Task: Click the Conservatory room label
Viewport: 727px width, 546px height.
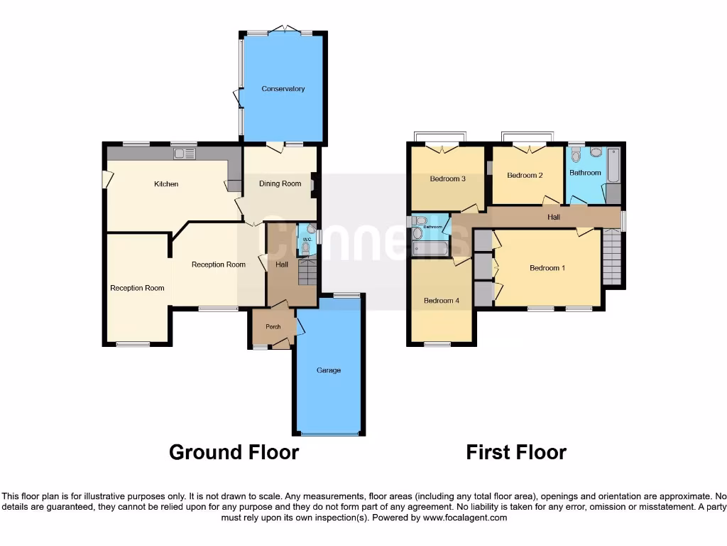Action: click(x=283, y=89)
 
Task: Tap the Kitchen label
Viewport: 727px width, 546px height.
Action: click(x=166, y=184)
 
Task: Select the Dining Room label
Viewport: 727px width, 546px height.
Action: click(x=280, y=183)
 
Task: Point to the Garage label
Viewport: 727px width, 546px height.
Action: click(x=329, y=370)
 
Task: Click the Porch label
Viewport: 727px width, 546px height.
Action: click(x=273, y=327)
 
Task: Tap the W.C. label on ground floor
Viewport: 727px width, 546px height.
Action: click(x=307, y=240)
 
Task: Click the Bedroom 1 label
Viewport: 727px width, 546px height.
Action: click(x=547, y=268)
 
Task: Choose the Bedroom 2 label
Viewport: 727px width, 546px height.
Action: click(x=525, y=175)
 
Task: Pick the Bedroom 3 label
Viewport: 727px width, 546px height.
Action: click(x=447, y=178)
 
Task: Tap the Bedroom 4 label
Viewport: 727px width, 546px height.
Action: click(x=442, y=301)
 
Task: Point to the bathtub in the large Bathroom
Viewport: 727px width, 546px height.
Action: click(x=613, y=166)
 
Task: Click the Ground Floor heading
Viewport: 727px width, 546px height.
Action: click(x=234, y=452)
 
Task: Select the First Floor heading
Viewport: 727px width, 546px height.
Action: click(x=516, y=452)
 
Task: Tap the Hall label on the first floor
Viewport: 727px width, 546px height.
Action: click(x=554, y=217)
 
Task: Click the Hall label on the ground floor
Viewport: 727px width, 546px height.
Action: click(x=282, y=264)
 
